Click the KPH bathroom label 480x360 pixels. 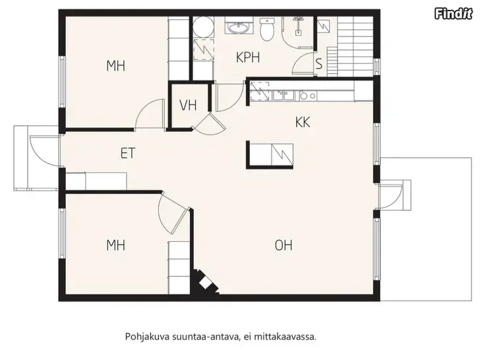point(248,57)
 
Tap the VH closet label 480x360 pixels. point(188,105)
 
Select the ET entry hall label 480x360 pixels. point(128,153)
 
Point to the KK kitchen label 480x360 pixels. point(303,122)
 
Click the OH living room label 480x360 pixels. point(284,245)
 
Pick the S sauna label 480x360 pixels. point(319,64)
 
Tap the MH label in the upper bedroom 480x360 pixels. point(116,66)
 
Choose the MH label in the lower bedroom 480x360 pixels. point(116,245)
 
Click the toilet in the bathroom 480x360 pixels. point(267,29)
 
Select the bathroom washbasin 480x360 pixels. point(239,28)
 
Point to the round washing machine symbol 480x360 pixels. point(203,26)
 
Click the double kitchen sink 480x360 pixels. point(284,96)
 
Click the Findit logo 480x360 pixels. point(454,14)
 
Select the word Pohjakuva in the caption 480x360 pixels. point(147,337)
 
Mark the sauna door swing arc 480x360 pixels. point(300,61)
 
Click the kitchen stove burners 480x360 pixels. point(308,96)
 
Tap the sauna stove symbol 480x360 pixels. point(323,26)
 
